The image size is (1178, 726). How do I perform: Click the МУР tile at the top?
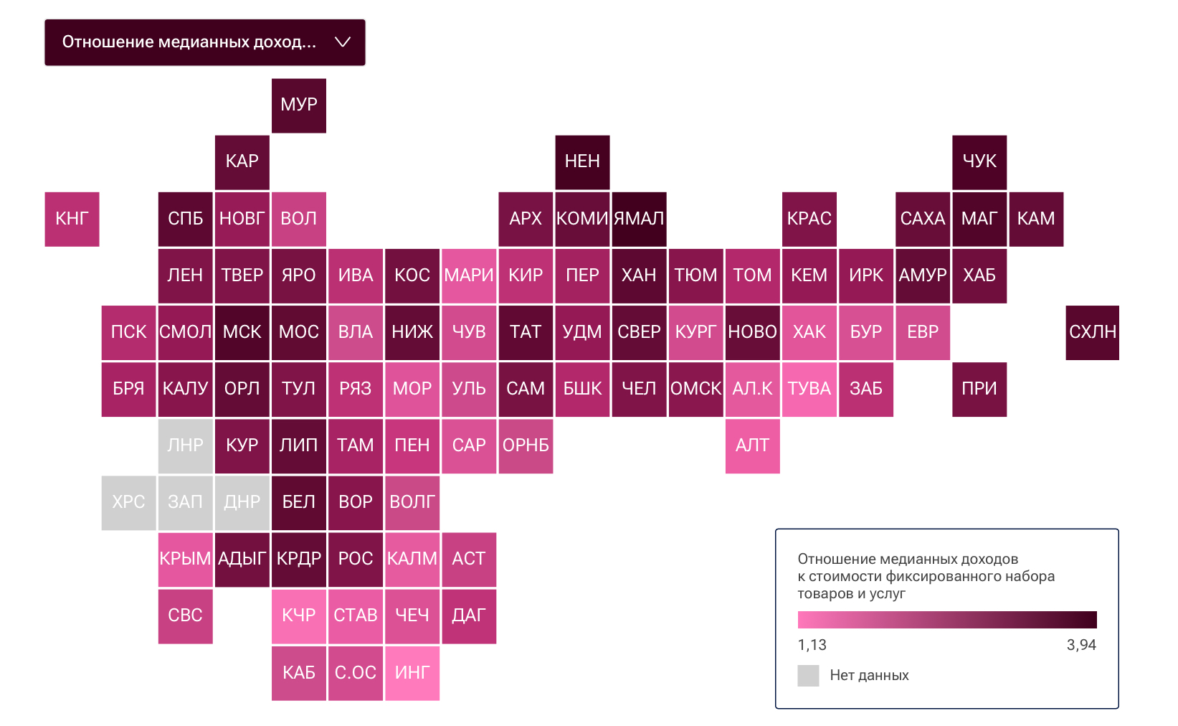click(x=299, y=105)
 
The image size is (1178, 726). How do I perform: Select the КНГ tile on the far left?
click(x=72, y=219)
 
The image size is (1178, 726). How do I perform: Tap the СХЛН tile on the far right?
click(x=1092, y=332)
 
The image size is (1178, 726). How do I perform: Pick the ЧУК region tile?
click(x=979, y=162)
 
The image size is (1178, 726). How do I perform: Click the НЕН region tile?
click(x=582, y=162)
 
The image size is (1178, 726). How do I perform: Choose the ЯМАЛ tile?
click(x=639, y=219)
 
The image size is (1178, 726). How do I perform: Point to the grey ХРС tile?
click(x=128, y=502)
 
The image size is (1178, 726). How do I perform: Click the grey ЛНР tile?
click(x=185, y=445)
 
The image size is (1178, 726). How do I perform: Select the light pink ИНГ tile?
click(x=412, y=673)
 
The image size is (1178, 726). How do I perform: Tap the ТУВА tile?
click(x=809, y=389)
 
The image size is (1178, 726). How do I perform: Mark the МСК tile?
click(x=242, y=332)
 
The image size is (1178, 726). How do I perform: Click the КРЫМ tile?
click(x=185, y=559)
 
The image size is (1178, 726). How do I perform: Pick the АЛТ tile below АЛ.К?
click(x=752, y=445)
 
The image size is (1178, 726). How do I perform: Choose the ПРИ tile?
click(x=979, y=389)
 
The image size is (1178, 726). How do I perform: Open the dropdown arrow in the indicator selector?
click(x=343, y=42)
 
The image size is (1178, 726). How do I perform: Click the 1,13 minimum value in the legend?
click(x=812, y=645)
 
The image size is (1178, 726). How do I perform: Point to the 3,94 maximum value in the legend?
click(x=1081, y=645)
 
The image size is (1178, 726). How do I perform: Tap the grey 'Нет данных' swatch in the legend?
click(x=808, y=676)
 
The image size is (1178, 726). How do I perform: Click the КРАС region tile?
click(x=809, y=219)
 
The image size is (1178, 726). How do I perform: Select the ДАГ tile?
click(x=469, y=616)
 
